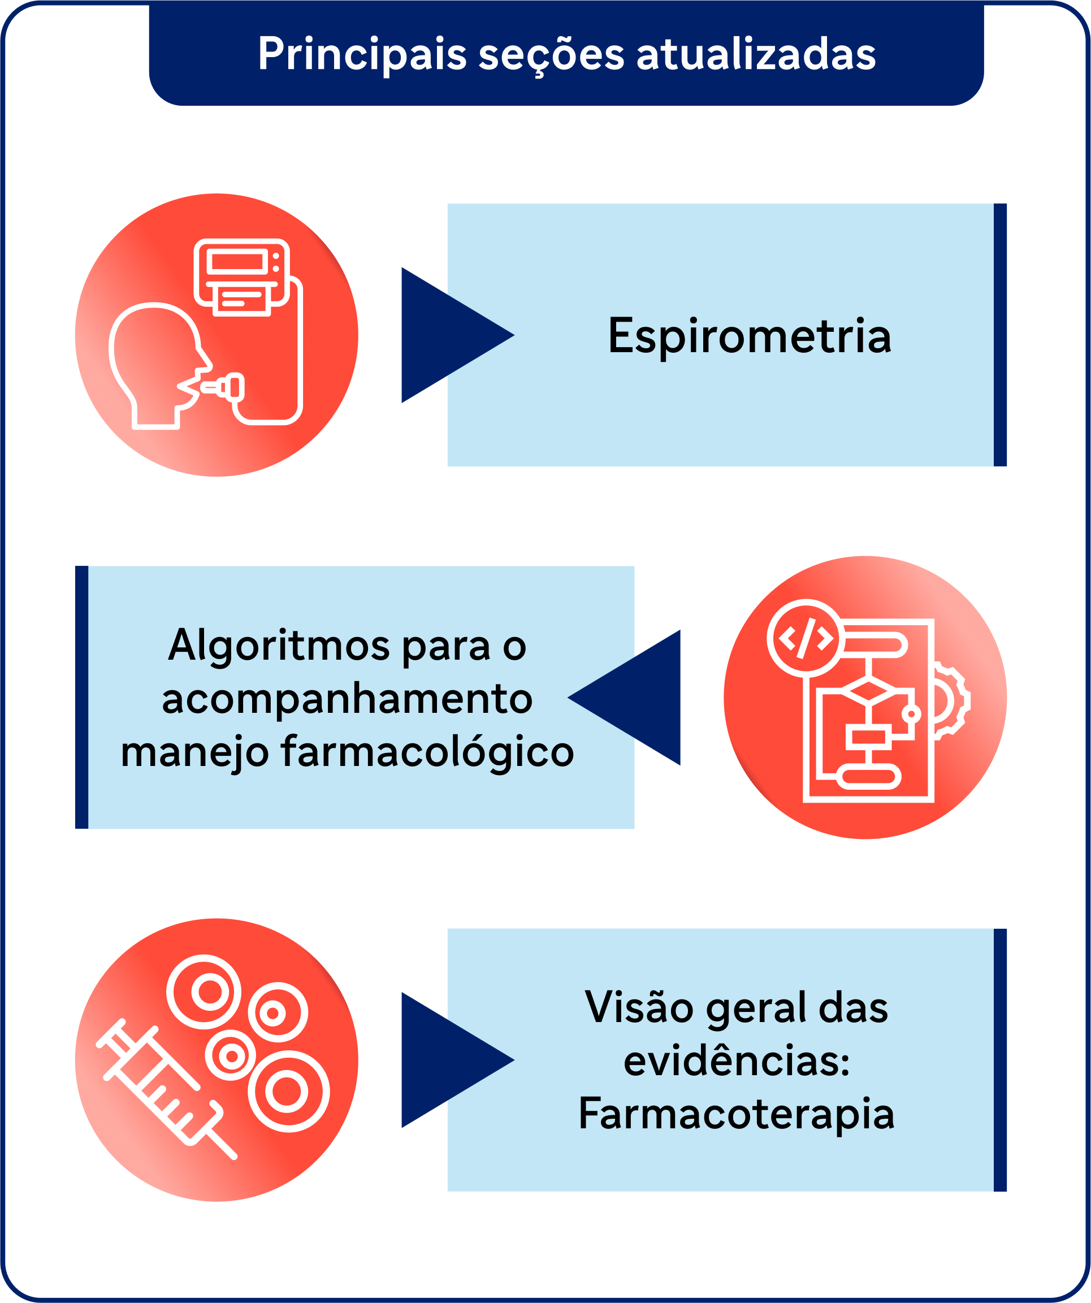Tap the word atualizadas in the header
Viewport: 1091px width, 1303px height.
tap(756, 53)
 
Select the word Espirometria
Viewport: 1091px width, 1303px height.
tap(750, 337)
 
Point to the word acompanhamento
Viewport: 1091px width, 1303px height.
tap(347, 699)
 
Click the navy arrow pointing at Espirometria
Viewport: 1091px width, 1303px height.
tap(458, 335)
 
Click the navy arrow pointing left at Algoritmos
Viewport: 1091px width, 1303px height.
tap(624, 698)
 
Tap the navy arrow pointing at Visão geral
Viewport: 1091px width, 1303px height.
tap(458, 1060)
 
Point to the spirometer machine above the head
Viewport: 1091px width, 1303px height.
tap(242, 277)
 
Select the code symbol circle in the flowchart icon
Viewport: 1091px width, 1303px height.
tap(805, 638)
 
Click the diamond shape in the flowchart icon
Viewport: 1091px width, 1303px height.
tap(868, 691)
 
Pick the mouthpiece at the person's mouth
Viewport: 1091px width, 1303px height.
tap(222, 387)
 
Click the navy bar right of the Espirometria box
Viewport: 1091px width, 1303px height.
tap(1000, 335)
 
